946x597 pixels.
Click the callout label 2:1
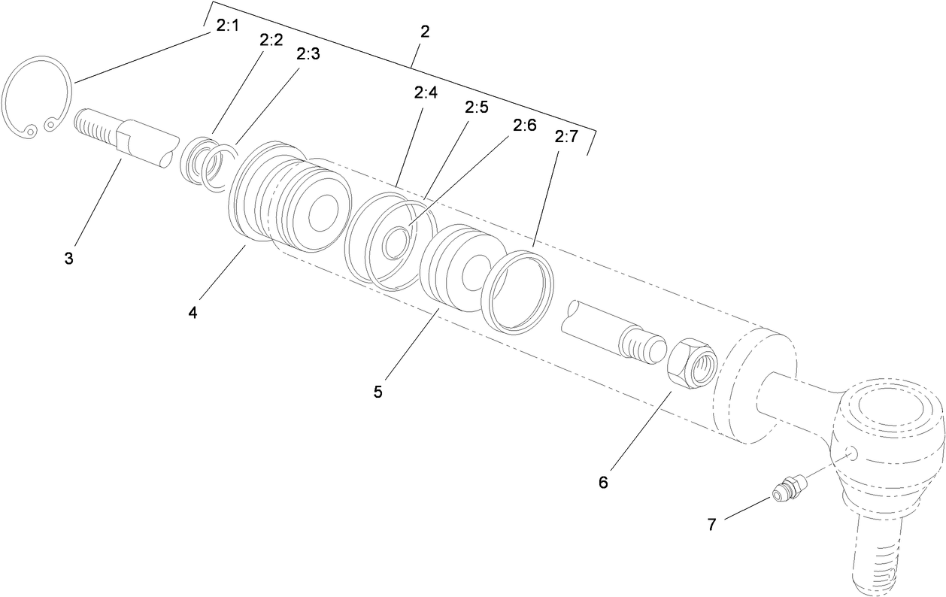[x=227, y=26]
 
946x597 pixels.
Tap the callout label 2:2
[x=271, y=40]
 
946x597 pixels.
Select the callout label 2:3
[x=308, y=55]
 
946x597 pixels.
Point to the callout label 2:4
[x=426, y=92]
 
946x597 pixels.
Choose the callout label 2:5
[x=476, y=108]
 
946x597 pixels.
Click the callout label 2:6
[x=524, y=125]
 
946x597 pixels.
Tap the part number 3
[x=68, y=259]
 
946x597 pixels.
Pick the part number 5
[x=377, y=392]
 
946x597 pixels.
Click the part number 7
[x=712, y=524]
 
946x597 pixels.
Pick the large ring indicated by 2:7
[x=517, y=292]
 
